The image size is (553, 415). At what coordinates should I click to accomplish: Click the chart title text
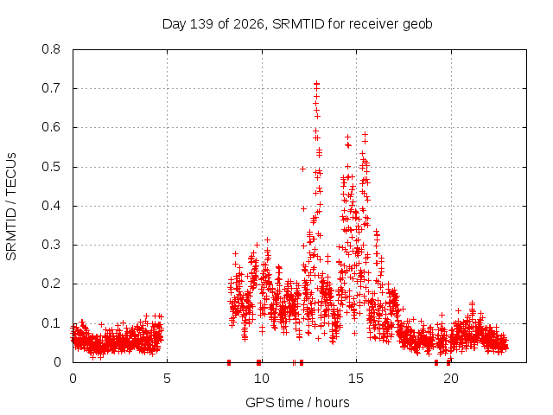297,24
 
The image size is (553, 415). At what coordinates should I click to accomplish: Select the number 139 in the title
201,24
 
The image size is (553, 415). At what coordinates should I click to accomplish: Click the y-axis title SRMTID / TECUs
11,207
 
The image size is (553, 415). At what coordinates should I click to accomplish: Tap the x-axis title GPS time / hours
297,402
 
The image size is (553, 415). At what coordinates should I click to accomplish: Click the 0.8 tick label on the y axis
51,49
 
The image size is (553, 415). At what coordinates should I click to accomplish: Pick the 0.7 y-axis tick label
51,88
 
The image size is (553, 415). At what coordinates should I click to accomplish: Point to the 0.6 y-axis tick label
51,127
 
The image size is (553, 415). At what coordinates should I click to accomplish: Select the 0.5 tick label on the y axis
51,167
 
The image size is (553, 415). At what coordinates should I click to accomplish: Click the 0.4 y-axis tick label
51,206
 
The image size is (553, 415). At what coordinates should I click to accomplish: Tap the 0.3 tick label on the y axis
51,245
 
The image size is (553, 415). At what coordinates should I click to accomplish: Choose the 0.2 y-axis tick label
51,284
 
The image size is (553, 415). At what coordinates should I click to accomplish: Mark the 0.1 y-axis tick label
51,322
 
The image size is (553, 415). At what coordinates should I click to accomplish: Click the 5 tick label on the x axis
167,379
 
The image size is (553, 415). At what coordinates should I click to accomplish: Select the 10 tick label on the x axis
262,379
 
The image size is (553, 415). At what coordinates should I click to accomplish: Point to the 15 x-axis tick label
356,379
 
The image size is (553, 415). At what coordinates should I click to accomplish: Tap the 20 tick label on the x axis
450,379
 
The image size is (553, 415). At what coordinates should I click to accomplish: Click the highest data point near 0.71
317,84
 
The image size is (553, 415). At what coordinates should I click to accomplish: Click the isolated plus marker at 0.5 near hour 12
302,169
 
